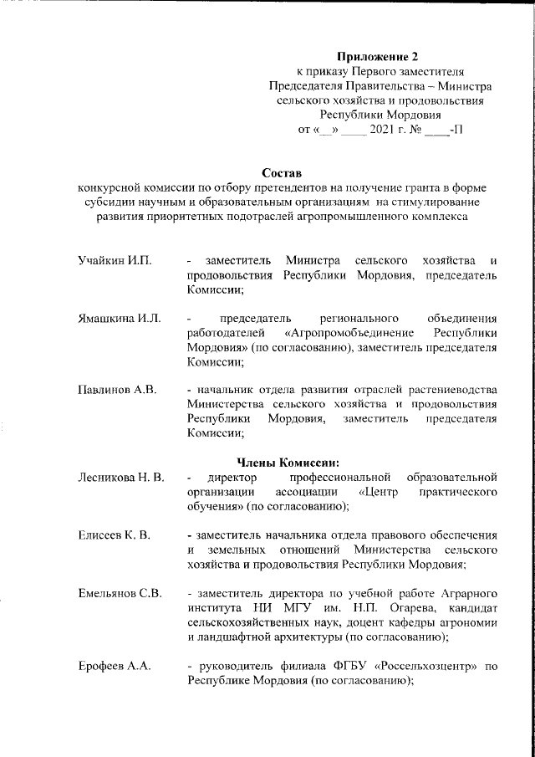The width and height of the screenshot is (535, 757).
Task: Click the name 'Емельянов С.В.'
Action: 120,593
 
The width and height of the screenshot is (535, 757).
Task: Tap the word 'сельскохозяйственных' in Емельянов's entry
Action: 248,622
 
